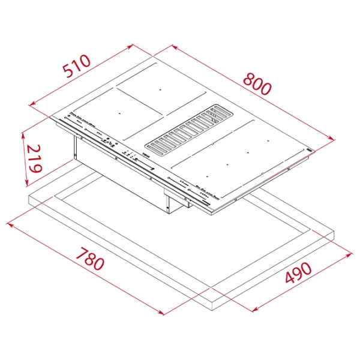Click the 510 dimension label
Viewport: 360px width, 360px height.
tap(77, 65)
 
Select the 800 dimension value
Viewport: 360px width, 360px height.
tap(257, 84)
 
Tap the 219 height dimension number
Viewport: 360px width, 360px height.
tap(34, 158)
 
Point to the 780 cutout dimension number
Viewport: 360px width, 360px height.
tap(90, 259)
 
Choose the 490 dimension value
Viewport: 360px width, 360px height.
tap(298, 272)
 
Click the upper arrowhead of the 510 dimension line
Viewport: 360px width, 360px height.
tap(130, 46)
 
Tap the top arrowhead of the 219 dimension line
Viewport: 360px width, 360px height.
tap(23, 136)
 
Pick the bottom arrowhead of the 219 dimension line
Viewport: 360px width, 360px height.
tap(27, 183)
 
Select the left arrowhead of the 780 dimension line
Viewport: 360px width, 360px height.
tap(10, 224)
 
